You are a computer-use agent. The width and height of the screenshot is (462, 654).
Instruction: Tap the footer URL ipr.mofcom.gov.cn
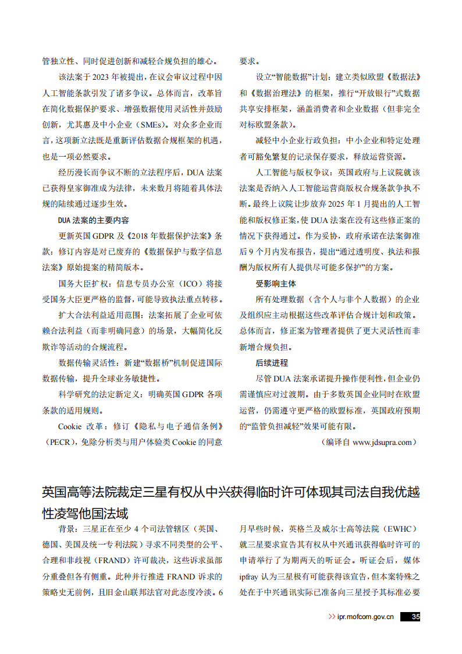point(365,617)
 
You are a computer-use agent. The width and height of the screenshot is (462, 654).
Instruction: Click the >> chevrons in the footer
point(332,617)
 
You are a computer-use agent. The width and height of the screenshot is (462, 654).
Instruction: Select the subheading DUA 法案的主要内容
point(94,220)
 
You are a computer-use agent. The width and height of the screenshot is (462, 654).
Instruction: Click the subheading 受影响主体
point(276,284)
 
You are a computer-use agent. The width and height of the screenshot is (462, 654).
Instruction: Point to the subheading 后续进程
point(272,362)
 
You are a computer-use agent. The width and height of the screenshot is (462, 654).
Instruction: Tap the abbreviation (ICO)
point(189,284)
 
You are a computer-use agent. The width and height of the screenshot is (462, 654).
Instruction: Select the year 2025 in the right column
point(332,204)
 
